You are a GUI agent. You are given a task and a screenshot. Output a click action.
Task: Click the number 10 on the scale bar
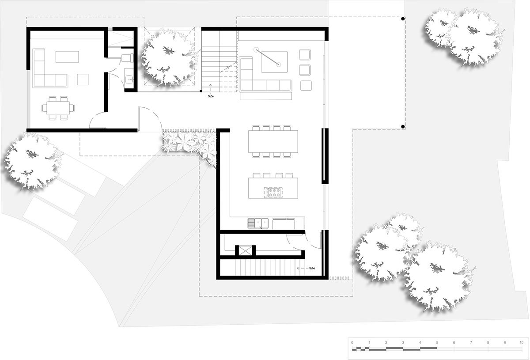coord(521,342)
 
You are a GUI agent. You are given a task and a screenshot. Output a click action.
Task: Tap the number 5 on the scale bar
coord(437,342)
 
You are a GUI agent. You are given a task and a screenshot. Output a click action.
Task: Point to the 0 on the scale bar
coord(352,342)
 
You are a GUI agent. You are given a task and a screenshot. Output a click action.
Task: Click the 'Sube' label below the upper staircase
coord(211,96)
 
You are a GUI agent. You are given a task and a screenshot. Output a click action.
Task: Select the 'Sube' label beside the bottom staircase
coord(312,268)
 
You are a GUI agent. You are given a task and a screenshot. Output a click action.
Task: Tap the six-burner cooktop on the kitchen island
coord(273,193)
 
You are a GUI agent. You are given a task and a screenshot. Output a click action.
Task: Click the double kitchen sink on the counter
coord(258,223)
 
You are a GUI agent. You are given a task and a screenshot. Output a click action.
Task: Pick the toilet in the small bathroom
coord(127,58)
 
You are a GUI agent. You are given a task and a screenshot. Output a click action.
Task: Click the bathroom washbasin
coord(129,80)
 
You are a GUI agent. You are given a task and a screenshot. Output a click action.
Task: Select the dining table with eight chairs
coord(273,141)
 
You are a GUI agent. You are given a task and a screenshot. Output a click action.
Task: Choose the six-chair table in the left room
coord(58,108)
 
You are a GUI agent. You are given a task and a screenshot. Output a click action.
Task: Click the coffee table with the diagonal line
coord(274,61)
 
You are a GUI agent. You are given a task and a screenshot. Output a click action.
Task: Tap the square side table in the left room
coord(83,80)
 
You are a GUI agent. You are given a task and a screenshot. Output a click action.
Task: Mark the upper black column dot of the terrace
coord(403,19)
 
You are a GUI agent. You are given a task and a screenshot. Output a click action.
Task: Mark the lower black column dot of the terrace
coord(403,127)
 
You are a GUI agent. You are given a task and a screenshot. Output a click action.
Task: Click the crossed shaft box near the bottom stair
coord(246,250)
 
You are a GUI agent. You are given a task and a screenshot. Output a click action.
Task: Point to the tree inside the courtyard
coord(168,57)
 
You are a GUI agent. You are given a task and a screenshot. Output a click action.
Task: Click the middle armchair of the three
coord(305,70)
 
